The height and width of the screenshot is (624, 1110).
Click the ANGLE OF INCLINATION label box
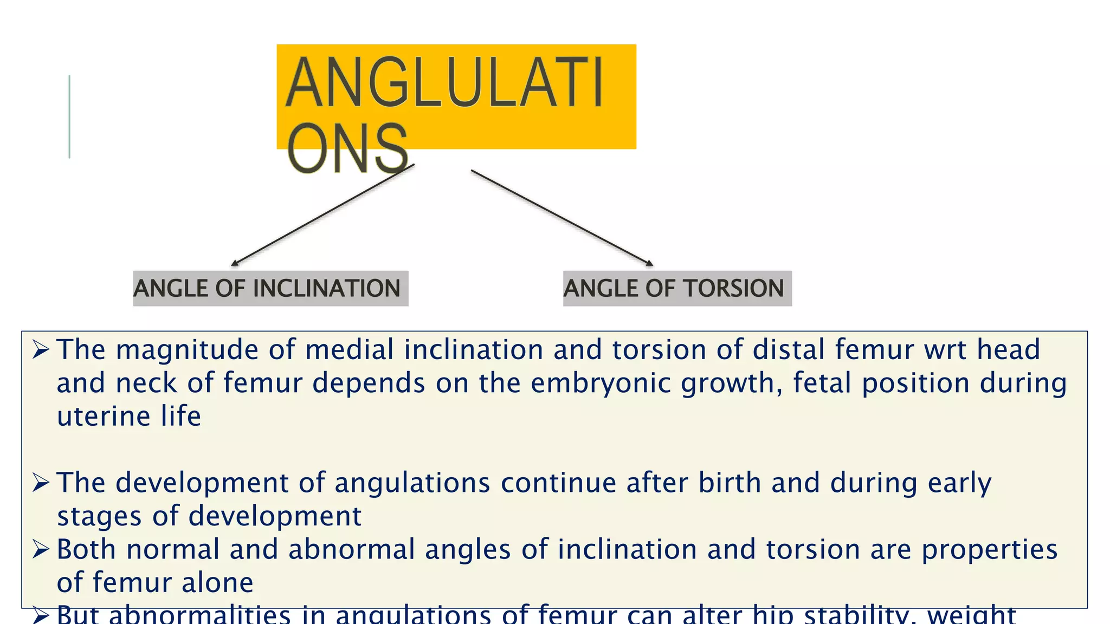tap(270, 288)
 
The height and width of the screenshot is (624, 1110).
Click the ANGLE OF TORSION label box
tap(677, 288)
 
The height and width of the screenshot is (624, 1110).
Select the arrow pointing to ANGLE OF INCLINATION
tap(323, 214)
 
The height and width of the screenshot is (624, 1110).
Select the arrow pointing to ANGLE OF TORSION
tap(562, 218)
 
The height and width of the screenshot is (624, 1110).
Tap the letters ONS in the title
tap(347, 148)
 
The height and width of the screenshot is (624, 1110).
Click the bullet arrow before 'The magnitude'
tap(41, 349)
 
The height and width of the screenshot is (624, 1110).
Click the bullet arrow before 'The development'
tap(41, 482)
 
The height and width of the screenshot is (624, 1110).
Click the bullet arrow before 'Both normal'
tap(41, 549)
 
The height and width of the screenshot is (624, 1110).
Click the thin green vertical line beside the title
tap(69, 116)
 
